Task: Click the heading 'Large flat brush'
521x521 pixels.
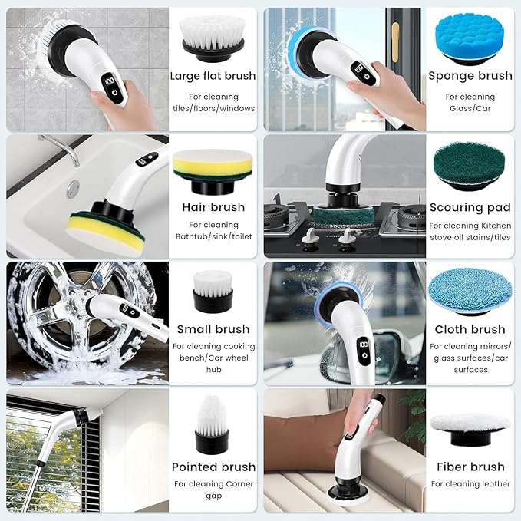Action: point(213,75)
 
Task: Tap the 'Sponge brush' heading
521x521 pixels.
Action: point(470,75)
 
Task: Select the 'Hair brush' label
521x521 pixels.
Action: point(213,207)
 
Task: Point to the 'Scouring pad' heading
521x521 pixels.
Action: point(470,207)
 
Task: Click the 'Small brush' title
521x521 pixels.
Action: point(213,329)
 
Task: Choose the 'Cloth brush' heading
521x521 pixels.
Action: point(470,329)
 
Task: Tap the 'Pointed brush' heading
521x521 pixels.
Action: point(213,467)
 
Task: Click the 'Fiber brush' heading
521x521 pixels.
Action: point(470,467)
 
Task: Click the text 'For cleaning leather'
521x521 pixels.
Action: point(470,484)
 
